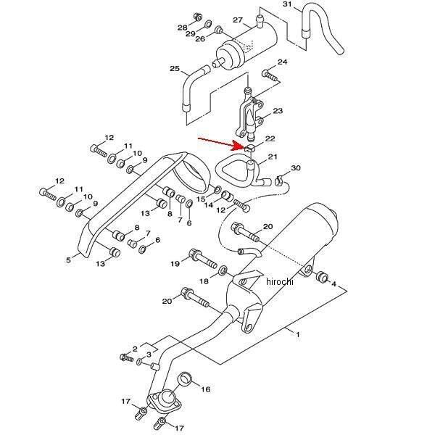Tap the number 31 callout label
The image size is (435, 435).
pos(288,4)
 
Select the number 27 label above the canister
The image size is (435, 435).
pos(238,20)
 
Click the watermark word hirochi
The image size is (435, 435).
pos(279,281)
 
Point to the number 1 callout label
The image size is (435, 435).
pos(298,334)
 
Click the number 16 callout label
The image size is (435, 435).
pos(206,389)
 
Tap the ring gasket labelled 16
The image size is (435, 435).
pos(185,378)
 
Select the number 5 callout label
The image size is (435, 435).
pos(69,260)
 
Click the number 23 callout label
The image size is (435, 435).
pos(278,111)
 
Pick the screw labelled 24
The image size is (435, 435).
pos(270,75)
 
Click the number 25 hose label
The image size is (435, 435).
pos(175,69)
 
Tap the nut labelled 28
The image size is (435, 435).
pos(197,17)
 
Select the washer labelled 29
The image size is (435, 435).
pos(208,24)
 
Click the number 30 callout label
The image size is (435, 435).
pos(296,168)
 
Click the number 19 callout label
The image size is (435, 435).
pos(175,264)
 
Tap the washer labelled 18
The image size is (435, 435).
pos(223,270)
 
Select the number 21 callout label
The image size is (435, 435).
pos(273,157)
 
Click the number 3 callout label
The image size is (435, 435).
pos(149,355)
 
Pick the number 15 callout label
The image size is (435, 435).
pos(202,199)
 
